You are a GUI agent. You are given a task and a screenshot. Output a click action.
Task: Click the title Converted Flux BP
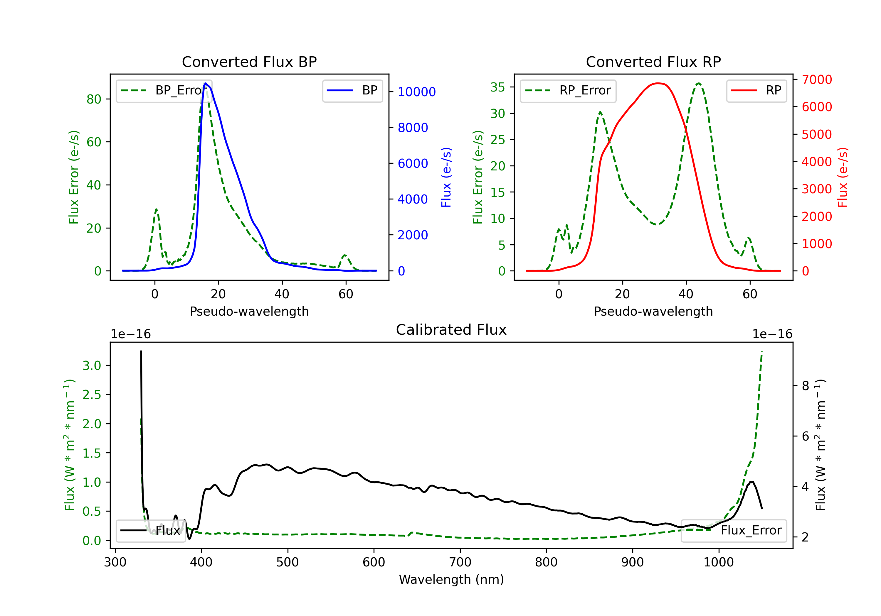249,62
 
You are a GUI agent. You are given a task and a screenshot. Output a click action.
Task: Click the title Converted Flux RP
653,62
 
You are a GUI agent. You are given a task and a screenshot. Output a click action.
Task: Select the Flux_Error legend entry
734,531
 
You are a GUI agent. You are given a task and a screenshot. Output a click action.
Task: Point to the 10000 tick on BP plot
416,92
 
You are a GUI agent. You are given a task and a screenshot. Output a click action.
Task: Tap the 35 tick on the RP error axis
498,87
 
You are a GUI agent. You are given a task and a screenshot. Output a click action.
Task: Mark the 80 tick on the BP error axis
94,99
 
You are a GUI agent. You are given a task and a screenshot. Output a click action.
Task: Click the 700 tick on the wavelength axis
460,562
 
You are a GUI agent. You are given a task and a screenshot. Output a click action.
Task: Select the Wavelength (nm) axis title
451,579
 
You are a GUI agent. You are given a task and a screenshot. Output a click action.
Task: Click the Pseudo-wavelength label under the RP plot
653,311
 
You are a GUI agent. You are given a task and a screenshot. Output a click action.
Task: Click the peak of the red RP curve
658,83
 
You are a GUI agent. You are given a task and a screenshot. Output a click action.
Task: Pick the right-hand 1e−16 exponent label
772,334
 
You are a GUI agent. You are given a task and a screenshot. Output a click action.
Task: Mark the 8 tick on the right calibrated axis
806,386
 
